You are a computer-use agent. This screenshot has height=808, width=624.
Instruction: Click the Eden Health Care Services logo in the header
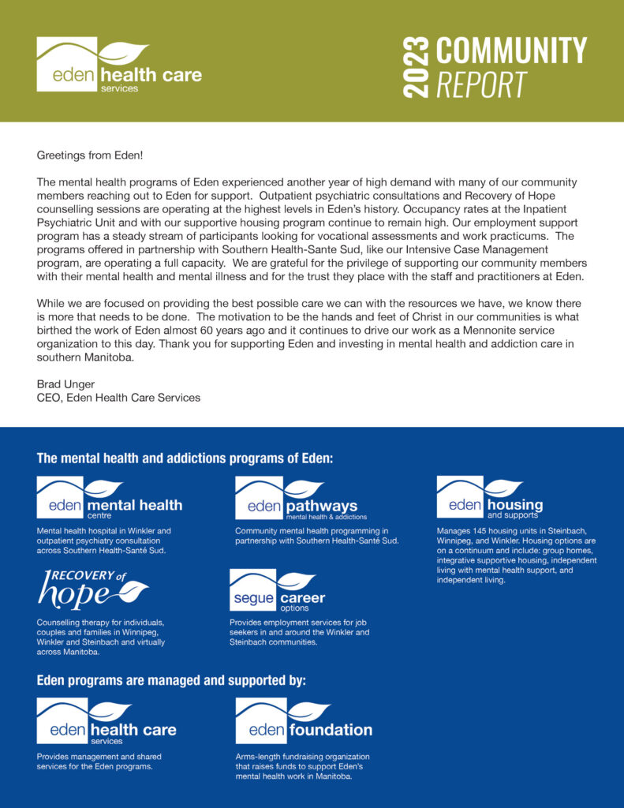tap(118, 65)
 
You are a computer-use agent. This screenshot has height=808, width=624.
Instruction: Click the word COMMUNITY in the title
tap(511, 50)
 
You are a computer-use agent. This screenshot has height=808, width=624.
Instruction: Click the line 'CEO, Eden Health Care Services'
tap(118, 398)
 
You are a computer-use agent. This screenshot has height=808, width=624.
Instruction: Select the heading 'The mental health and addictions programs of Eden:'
tap(185, 458)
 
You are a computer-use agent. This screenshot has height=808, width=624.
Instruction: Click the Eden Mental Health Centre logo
tap(109, 498)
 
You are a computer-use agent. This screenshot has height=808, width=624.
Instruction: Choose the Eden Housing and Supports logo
tap(489, 498)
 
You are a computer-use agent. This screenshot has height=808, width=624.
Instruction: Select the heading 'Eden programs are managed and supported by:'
tap(171, 680)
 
